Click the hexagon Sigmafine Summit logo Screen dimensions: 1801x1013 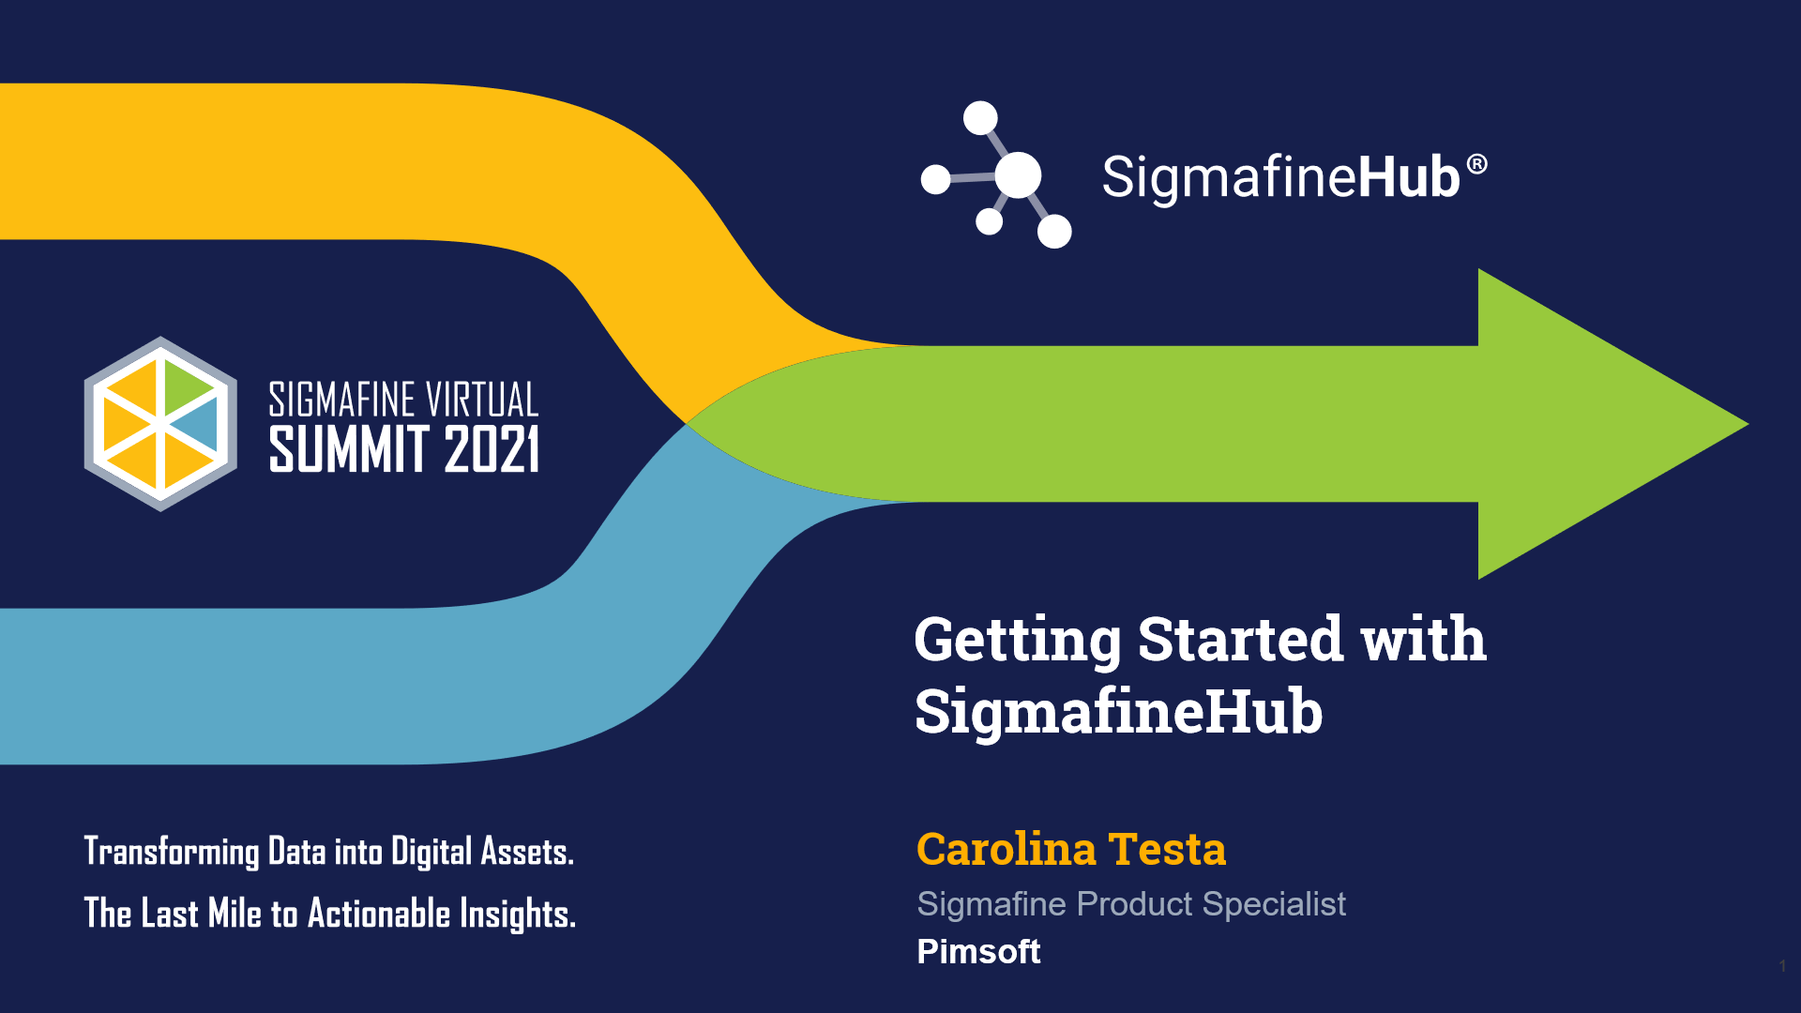pos(160,424)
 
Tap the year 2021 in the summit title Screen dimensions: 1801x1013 pos(492,449)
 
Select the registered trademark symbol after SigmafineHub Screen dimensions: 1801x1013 pos(1476,165)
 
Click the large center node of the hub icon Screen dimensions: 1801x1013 pos(1018,175)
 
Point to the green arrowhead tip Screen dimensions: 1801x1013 pos(1747,424)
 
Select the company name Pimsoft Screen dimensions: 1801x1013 pos(978,952)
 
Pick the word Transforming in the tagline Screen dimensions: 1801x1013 pos(172,852)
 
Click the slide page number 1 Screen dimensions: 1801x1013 pos(1782,966)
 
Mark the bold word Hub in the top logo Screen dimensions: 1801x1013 pos(1409,176)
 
